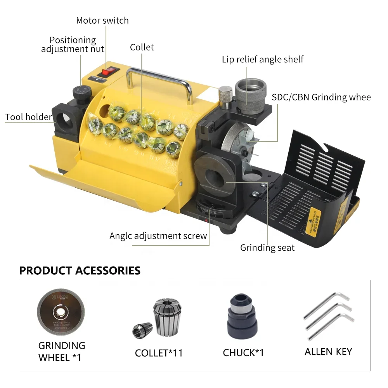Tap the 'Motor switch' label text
(x=102, y=21)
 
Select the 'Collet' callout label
(x=142, y=47)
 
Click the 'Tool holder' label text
(x=28, y=117)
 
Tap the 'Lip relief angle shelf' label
(x=262, y=59)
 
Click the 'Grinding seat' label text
(x=267, y=248)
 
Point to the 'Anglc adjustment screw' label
(x=158, y=236)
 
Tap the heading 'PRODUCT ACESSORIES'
(x=80, y=270)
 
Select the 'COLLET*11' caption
(x=159, y=353)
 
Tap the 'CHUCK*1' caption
(x=243, y=353)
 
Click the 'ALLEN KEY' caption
(x=328, y=352)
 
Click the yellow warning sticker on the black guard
(x=312, y=221)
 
